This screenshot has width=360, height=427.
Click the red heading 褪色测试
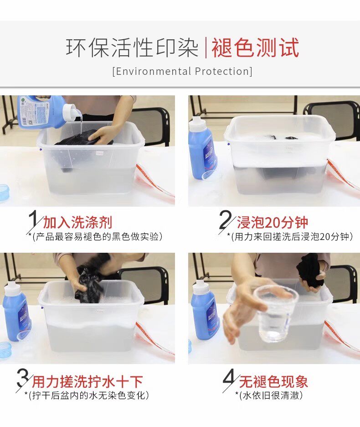click(255, 48)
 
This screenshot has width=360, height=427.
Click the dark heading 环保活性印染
click(132, 48)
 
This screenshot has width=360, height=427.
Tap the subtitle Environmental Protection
click(182, 71)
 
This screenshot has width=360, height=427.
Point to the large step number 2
click(226, 219)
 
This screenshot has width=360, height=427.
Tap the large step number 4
click(229, 377)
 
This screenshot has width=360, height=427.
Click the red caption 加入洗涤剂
click(78, 223)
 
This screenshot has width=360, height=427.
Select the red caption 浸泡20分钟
click(273, 223)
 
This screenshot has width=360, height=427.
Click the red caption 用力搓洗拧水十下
click(87, 381)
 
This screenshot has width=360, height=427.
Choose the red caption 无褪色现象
click(273, 381)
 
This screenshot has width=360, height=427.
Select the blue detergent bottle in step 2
click(201, 148)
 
